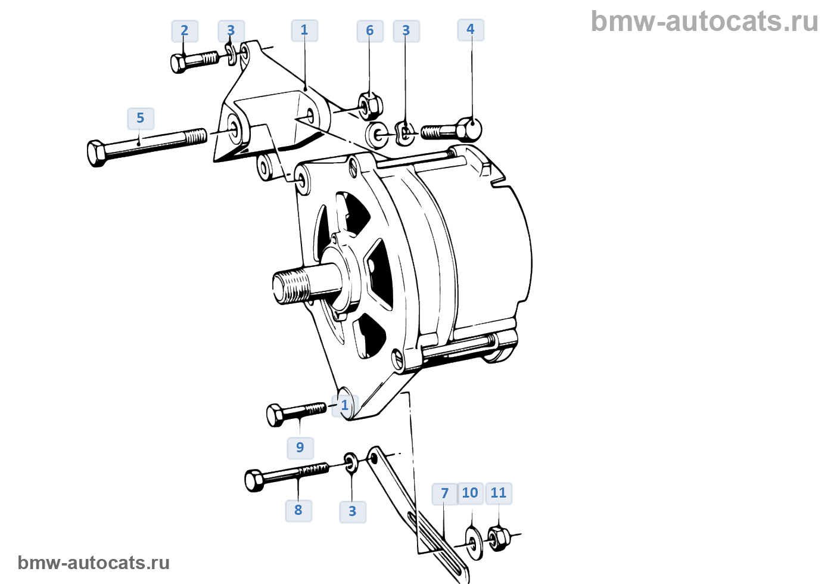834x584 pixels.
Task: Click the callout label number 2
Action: (x=185, y=31)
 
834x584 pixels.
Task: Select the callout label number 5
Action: (x=141, y=119)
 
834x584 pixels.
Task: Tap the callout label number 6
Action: (x=370, y=31)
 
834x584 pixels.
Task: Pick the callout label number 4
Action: (x=471, y=30)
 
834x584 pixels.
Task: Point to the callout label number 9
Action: (x=300, y=448)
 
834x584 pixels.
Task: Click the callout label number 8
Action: (x=298, y=511)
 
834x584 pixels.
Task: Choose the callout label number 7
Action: (x=444, y=494)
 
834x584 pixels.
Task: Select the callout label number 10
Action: (x=470, y=493)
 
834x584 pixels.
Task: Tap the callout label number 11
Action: (x=499, y=493)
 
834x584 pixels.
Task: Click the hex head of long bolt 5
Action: (x=97, y=154)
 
